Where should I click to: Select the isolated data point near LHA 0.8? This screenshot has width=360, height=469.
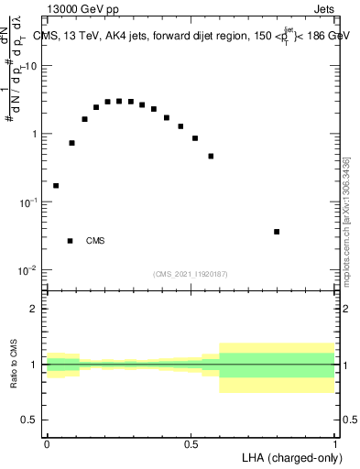tap(277, 232)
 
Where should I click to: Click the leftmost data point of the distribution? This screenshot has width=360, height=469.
tap(56, 186)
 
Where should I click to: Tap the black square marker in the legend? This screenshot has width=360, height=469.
tap(70, 241)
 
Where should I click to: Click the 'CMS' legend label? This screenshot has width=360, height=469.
tap(95, 241)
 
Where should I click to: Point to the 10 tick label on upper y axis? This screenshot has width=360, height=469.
tap(31, 66)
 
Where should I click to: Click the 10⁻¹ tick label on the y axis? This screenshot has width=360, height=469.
tap(29, 202)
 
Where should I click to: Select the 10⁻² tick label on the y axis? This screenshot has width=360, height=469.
tap(29, 270)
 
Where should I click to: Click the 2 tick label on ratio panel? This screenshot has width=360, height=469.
tap(35, 309)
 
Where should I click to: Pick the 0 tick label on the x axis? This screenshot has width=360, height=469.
tap(46, 443)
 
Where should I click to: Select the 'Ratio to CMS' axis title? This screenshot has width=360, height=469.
tap(15, 365)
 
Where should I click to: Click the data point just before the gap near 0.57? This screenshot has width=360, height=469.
tap(211, 156)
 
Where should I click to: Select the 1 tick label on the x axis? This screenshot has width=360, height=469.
tap(335, 443)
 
